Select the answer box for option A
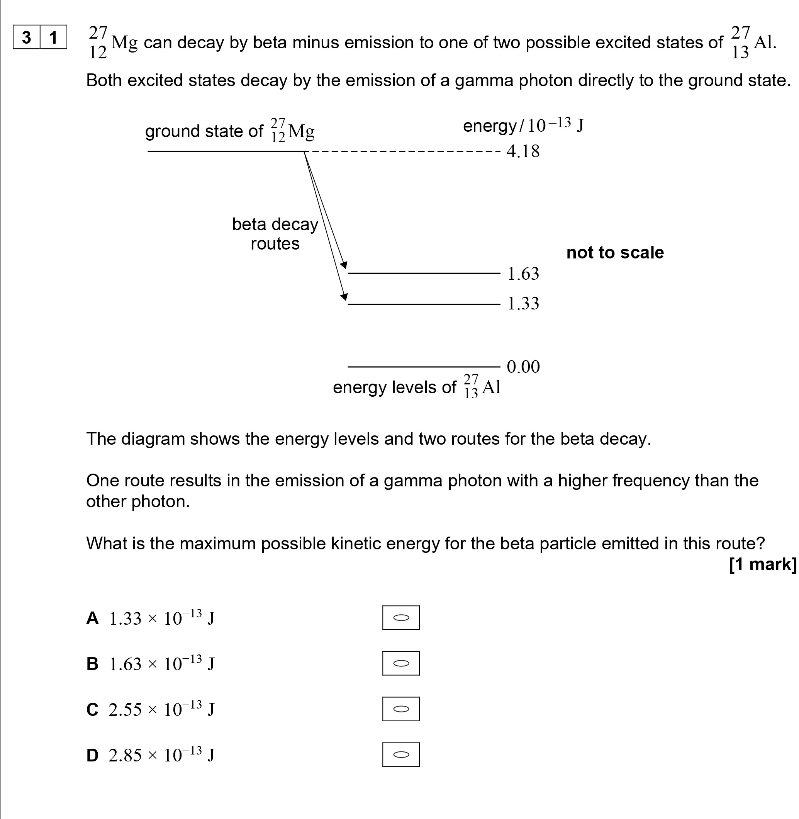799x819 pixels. (400, 617)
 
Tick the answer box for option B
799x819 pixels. (400, 663)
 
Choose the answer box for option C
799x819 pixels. (400, 709)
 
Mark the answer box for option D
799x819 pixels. (400, 755)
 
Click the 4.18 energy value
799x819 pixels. (523, 151)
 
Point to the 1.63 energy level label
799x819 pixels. (523, 274)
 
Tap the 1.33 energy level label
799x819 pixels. (523, 304)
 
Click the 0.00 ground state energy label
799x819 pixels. (523, 367)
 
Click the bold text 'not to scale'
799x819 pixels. (615, 253)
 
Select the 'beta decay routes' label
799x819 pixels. (275, 234)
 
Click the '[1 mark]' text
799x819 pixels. (762, 564)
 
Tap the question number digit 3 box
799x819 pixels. (26, 37)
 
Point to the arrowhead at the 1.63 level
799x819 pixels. (344, 265)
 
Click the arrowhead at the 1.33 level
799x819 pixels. (344, 297)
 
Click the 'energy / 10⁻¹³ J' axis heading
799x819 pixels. (523, 126)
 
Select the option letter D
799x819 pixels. (92, 756)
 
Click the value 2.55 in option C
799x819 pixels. (125, 710)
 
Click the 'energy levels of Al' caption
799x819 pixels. (416, 387)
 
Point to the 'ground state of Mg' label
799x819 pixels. (229, 131)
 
